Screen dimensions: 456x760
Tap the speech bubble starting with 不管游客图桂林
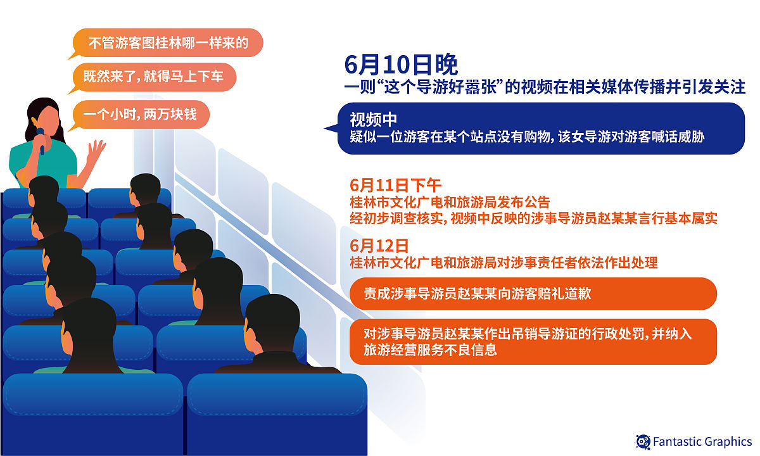coord(166,43)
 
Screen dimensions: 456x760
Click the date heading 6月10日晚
coord(401,64)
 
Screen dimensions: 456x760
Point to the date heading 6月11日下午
coord(395,186)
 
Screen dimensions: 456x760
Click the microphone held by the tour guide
coord(41,140)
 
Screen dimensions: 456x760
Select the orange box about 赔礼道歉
coord(532,294)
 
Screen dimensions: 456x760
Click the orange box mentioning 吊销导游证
coord(532,341)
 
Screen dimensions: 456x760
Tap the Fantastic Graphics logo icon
coord(643,441)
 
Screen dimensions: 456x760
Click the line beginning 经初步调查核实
coord(533,219)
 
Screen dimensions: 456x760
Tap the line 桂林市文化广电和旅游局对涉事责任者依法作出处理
coord(503,262)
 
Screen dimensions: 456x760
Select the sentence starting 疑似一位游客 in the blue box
coord(527,137)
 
